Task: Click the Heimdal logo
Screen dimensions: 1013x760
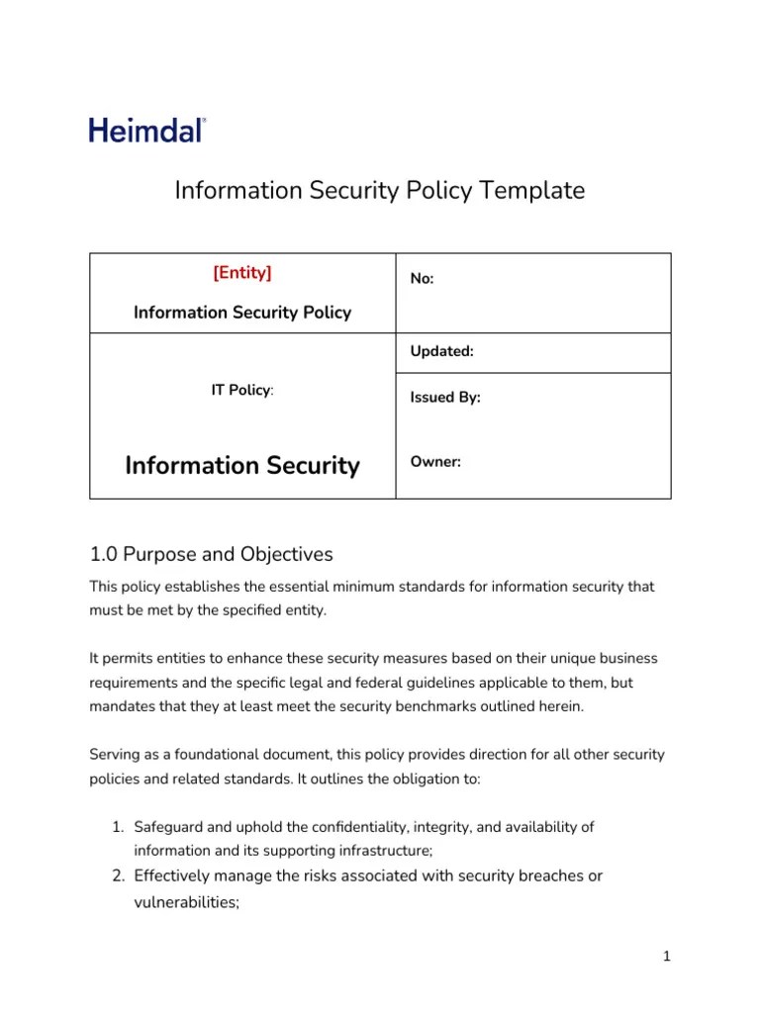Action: tap(147, 130)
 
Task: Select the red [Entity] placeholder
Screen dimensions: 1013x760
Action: tap(242, 273)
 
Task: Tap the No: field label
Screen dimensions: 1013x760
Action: tap(423, 279)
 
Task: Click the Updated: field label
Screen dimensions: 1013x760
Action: tap(441, 351)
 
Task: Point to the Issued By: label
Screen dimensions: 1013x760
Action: tap(445, 398)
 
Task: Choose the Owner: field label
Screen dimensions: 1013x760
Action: tap(435, 462)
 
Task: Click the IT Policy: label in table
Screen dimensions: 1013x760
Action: tap(242, 391)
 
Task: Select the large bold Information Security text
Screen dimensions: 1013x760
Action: tap(242, 465)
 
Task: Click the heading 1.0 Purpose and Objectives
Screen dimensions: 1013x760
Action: tap(211, 554)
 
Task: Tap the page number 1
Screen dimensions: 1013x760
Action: tap(667, 956)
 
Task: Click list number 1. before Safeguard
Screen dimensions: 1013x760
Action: tap(116, 827)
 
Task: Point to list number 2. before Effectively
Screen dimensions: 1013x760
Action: tap(116, 875)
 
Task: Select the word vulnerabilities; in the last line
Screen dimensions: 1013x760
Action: tap(187, 902)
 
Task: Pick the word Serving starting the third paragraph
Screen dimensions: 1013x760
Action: tap(116, 755)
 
